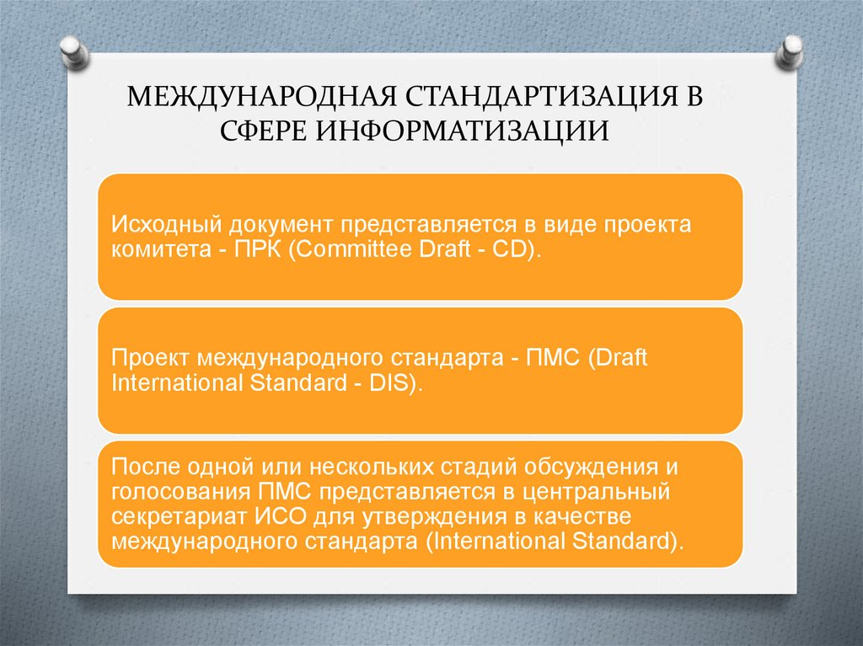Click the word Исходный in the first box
tap(160, 226)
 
